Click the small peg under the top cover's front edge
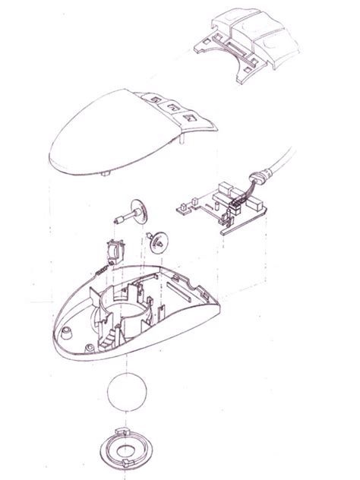[104, 174]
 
